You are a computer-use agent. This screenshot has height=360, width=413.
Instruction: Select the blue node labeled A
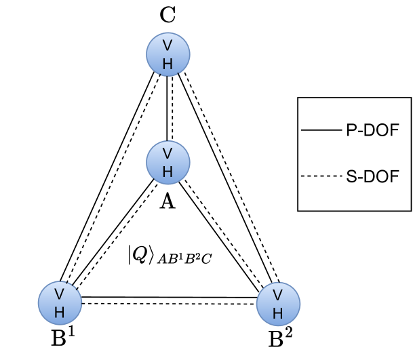tap(168, 161)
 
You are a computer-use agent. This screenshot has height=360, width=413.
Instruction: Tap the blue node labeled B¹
tap(60, 302)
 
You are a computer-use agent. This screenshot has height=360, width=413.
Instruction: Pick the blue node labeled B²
tap(278, 302)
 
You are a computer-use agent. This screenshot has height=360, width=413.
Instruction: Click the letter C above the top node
tap(168, 15)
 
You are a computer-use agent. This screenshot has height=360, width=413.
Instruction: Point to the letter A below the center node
tap(167, 201)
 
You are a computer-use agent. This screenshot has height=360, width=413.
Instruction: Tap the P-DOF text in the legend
tap(372, 130)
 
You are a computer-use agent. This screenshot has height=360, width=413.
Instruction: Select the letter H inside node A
tap(168, 169)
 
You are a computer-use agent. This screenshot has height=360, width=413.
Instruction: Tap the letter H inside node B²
tap(278, 312)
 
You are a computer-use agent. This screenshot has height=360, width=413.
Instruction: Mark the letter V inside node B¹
tap(60, 294)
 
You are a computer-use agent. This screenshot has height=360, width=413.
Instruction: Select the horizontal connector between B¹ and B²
tap(170, 300)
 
